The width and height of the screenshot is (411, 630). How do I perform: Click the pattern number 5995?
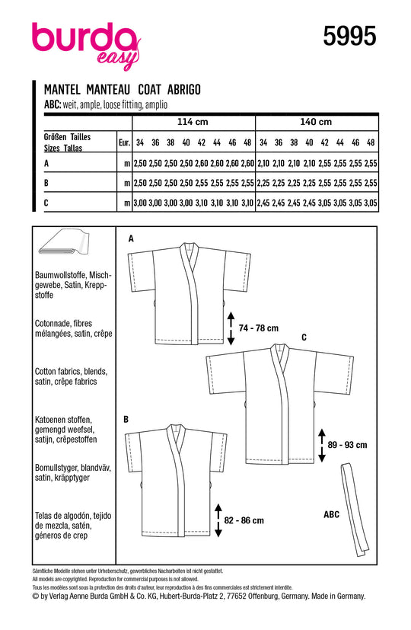(349, 36)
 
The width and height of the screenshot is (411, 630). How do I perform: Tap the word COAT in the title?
(149, 90)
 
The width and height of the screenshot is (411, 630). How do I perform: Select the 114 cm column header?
(193, 122)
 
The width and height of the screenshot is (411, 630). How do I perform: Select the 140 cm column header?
(316, 122)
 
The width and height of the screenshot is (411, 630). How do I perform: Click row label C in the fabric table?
(46, 203)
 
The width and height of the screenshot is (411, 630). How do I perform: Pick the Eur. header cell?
(124, 142)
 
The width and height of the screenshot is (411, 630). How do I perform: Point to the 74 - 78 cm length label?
(259, 328)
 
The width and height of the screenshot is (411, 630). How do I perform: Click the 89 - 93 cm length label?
(348, 445)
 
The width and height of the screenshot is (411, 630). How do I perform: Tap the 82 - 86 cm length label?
(244, 520)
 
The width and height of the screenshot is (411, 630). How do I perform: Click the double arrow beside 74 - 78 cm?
(231, 328)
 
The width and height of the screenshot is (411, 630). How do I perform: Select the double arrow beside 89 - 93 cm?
(321, 445)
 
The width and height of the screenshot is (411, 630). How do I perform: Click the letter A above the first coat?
(131, 239)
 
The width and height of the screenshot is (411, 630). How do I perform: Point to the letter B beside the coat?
(126, 420)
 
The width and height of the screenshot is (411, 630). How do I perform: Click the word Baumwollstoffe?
(60, 275)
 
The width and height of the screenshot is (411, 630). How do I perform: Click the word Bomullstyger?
(56, 468)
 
